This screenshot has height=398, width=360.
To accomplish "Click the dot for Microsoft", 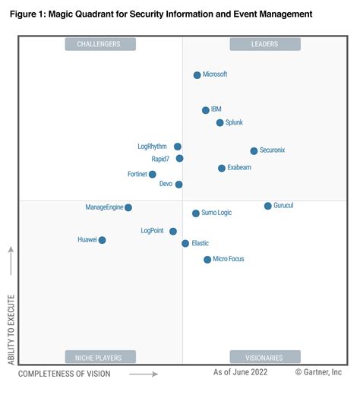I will (x=197, y=75).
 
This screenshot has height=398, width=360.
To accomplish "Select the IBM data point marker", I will (x=206, y=110).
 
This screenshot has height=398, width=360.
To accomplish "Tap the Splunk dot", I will (x=219, y=122).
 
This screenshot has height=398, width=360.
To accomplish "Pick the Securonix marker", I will (x=254, y=151).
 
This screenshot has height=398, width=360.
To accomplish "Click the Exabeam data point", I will (x=222, y=168).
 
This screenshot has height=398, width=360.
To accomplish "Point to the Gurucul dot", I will (x=267, y=206).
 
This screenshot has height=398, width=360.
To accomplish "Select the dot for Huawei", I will (x=102, y=240).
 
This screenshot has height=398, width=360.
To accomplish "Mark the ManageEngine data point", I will (x=128, y=207).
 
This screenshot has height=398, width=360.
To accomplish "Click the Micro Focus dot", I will (x=207, y=260).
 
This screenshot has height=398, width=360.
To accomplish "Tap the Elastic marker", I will (x=185, y=244).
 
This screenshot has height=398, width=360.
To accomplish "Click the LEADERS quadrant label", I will (x=264, y=44).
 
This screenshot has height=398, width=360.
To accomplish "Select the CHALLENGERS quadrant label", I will (x=99, y=44).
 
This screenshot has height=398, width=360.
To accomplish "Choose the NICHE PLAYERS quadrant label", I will (x=99, y=357).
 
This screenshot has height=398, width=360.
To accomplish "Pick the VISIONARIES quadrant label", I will (x=264, y=357).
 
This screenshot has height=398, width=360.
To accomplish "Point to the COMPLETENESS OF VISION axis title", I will (x=65, y=374).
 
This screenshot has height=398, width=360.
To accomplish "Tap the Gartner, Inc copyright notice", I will (x=318, y=372).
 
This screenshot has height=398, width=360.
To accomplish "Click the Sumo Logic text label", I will (x=216, y=213).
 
